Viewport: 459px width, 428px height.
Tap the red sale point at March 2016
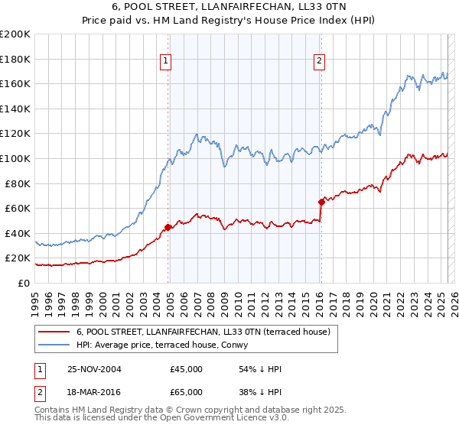pos(321,202)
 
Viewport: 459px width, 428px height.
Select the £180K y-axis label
pos(15,59)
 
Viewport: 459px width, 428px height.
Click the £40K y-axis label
pos(18,233)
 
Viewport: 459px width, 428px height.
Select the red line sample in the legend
pos(54,332)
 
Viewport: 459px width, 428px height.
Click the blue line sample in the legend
pos(54,344)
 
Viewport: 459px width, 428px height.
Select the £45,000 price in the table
pos(187,369)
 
